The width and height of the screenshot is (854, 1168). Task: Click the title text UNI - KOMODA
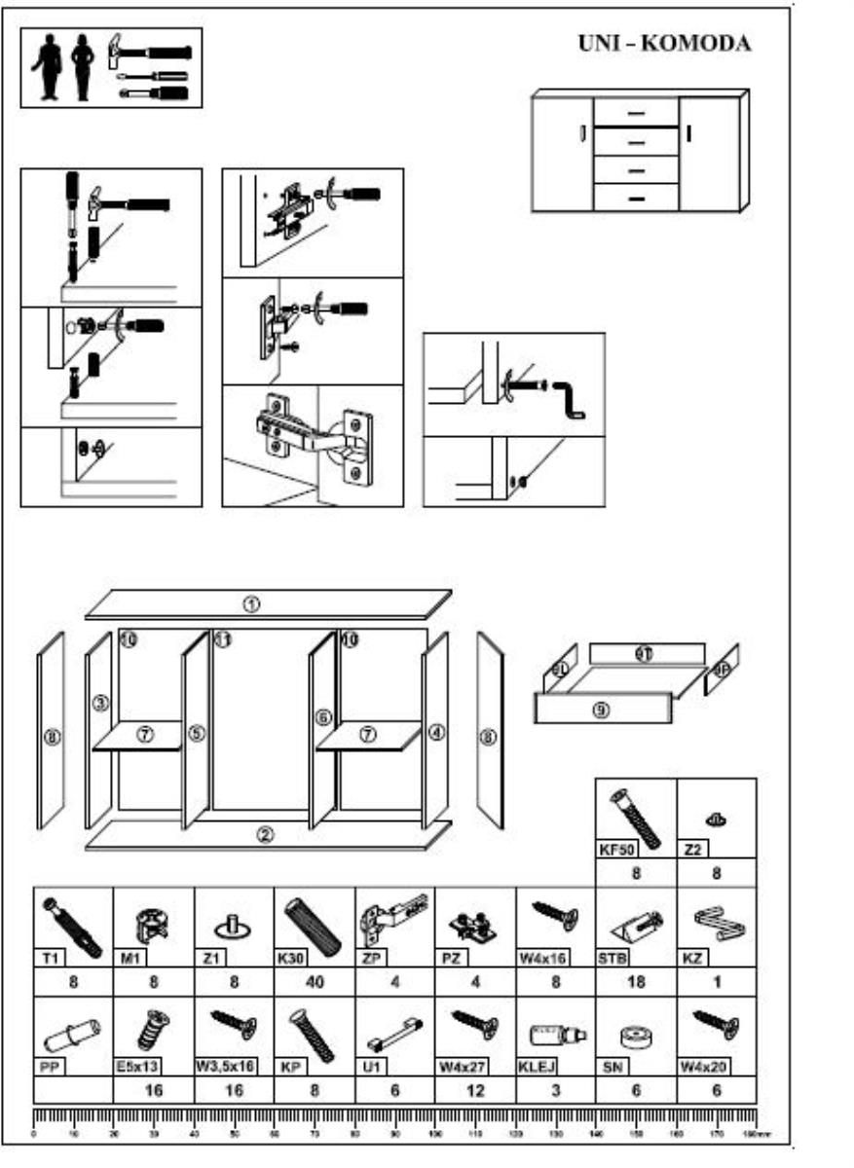coord(665,46)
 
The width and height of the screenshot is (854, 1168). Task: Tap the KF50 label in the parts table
coord(614,850)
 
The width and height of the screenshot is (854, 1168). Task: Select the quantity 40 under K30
coord(315,982)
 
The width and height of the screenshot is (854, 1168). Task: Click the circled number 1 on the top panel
coord(251,603)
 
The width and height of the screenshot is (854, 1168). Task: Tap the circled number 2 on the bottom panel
coord(265,834)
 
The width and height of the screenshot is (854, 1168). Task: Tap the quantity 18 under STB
coord(635,982)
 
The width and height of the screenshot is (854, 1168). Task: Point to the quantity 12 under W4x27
coord(474,1091)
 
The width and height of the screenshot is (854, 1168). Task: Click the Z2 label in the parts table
coord(692,850)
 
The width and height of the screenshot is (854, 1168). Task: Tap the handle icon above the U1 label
coord(393,1030)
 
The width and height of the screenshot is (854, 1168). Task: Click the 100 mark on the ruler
coord(434,1134)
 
